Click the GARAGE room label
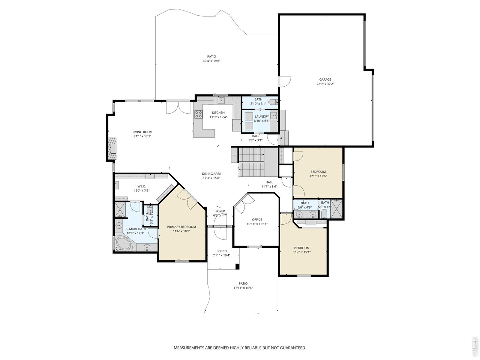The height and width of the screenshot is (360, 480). (x=325, y=79)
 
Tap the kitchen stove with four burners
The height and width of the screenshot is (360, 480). (x=198, y=114)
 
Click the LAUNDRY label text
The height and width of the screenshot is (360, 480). (x=261, y=117)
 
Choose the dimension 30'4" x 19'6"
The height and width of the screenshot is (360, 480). (x=211, y=61)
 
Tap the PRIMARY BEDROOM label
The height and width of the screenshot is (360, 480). (x=181, y=226)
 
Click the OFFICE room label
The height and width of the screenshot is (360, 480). (x=257, y=219)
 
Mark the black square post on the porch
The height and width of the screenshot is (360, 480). (x=237, y=267)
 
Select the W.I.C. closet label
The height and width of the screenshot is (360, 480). (x=141, y=186)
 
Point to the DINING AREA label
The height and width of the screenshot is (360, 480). (x=211, y=174)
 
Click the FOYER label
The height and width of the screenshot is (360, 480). (x=220, y=211)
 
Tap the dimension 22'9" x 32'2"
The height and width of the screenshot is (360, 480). (x=325, y=84)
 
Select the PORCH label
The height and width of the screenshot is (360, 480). (x=221, y=251)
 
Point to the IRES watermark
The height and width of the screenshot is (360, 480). (x=474, y=346)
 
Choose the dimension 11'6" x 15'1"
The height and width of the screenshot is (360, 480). (x=302, y=252)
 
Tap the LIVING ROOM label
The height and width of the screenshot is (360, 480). (x=142, y=132)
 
